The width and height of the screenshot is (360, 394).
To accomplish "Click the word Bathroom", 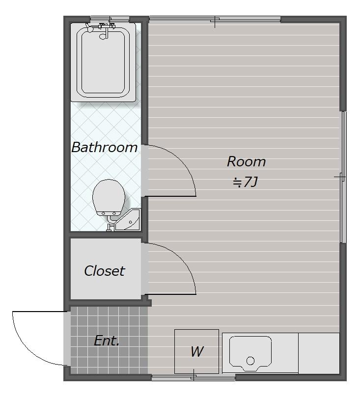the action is [x=105, y=147].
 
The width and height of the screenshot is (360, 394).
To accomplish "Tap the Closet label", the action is [x=105, y=271].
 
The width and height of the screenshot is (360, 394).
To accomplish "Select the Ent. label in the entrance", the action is [x=107, y=341].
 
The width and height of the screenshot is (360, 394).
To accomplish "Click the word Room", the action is [x=246, y=161].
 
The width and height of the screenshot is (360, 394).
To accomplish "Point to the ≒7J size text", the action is [x=246, y=182].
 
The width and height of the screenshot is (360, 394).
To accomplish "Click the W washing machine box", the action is [x=196, y=351].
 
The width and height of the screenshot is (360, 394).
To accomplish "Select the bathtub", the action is [x=103, y=62].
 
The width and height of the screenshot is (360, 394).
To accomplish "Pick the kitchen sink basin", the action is [x=250, y=354].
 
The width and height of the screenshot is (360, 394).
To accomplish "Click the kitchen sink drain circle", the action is [x=250, y=361].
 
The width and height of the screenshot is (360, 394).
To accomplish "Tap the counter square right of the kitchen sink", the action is [x=319, y=353].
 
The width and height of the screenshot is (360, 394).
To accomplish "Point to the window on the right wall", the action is [x=343, y=177].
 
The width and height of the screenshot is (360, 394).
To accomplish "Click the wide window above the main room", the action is [x=215, y=19].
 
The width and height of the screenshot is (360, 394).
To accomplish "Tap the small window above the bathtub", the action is [x=110, y=19].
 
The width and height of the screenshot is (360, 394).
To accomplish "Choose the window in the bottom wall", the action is [x=194, y=377].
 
